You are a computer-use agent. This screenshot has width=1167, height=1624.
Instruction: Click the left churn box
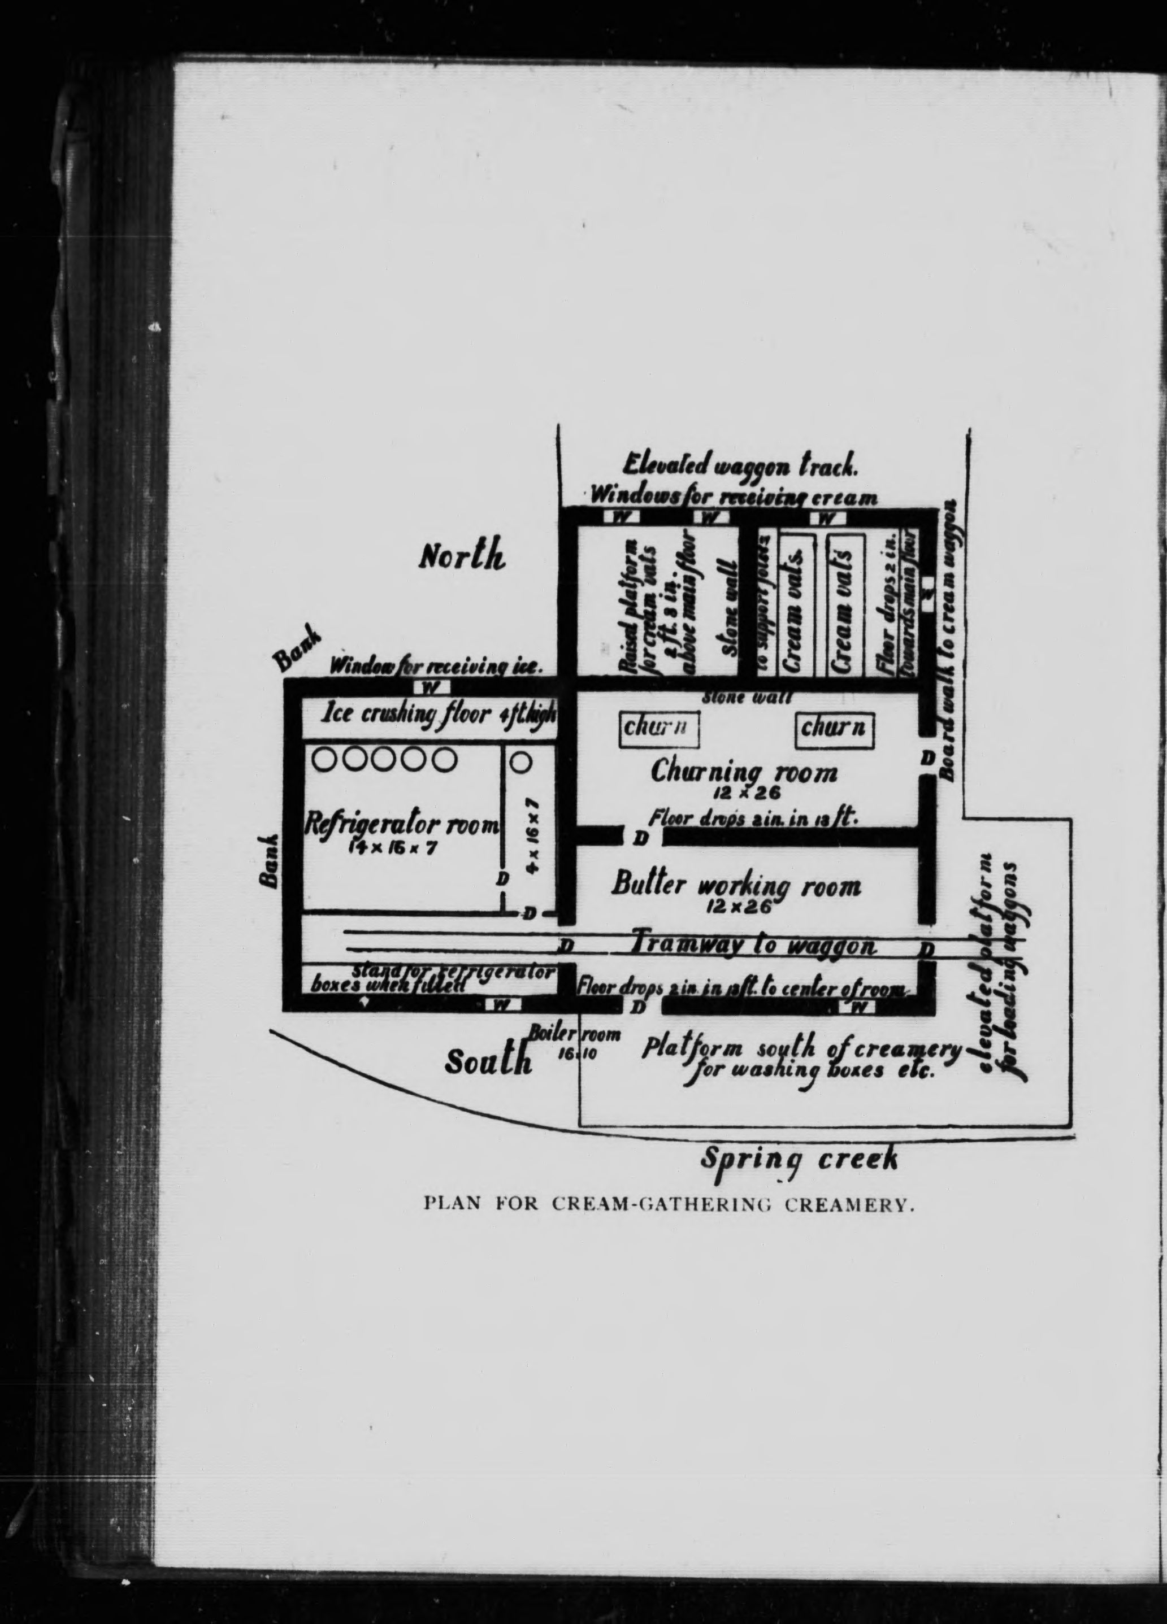[658, 728]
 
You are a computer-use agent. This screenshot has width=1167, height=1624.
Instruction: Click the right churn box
[835, 728]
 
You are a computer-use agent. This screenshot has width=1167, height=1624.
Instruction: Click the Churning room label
[744, 773]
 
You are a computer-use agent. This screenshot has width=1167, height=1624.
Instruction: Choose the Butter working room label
[736, 886]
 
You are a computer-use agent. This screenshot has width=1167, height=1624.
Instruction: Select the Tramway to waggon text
[752, 946]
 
